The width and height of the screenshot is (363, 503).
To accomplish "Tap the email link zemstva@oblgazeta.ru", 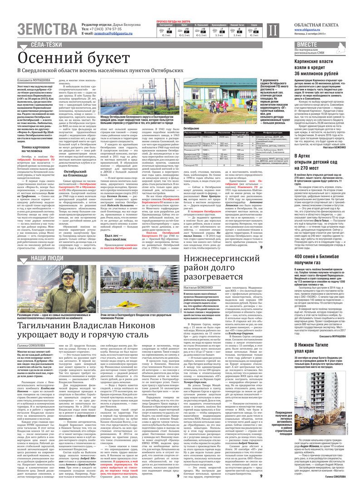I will [108, 34].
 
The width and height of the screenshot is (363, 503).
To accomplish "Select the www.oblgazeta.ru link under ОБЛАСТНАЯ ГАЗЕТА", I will [296, 30].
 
